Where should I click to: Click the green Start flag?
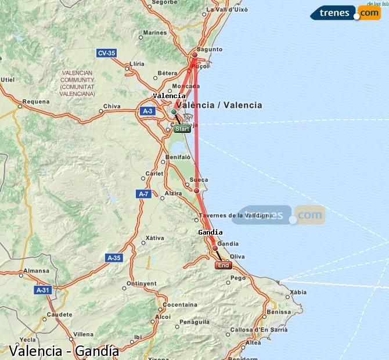click(x=182, y=129)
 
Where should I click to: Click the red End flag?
click(x=224, y=265)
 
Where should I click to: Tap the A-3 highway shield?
click(x=147, y=111)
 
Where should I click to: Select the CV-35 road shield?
click(x=106, y=53)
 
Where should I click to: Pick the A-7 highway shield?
click(x=144, y=193)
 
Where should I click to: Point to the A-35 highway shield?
click(x=114, y=257)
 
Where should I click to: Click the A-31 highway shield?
click(x=42, y=290)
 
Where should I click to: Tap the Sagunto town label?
click(x=210, y=49)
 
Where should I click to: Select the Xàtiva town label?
click(x=154, y=237)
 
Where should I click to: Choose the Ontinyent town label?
click(x=142, y=283)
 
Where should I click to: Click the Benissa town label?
click(x=279, y=312)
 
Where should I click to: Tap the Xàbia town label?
click(x=298, y=292)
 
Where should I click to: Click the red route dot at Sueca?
click(x=196, y=190)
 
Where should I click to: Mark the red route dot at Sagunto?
click(x=195, y=56)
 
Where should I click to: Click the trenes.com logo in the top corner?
click(x=345, y=12)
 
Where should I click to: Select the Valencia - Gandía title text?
click(x=64, y=351)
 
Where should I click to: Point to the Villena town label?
click(x=83, y=334)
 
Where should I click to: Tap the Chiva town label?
click(x=111, y=106)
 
